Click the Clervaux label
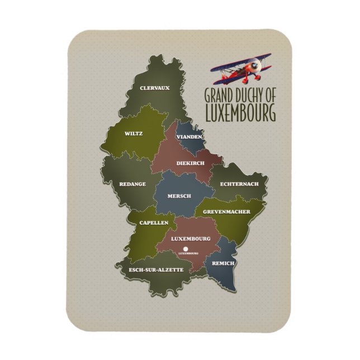coord(154,88)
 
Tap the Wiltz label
coord(134,134)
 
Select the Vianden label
coord(188,137)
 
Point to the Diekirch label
coord(190,163)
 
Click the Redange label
coord(132,183)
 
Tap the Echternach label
coord(239,183)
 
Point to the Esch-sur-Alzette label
coord(156,270)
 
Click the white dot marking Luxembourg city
coord(186,248)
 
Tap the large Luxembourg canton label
coord(191,239)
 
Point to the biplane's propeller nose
coord(257,67)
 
